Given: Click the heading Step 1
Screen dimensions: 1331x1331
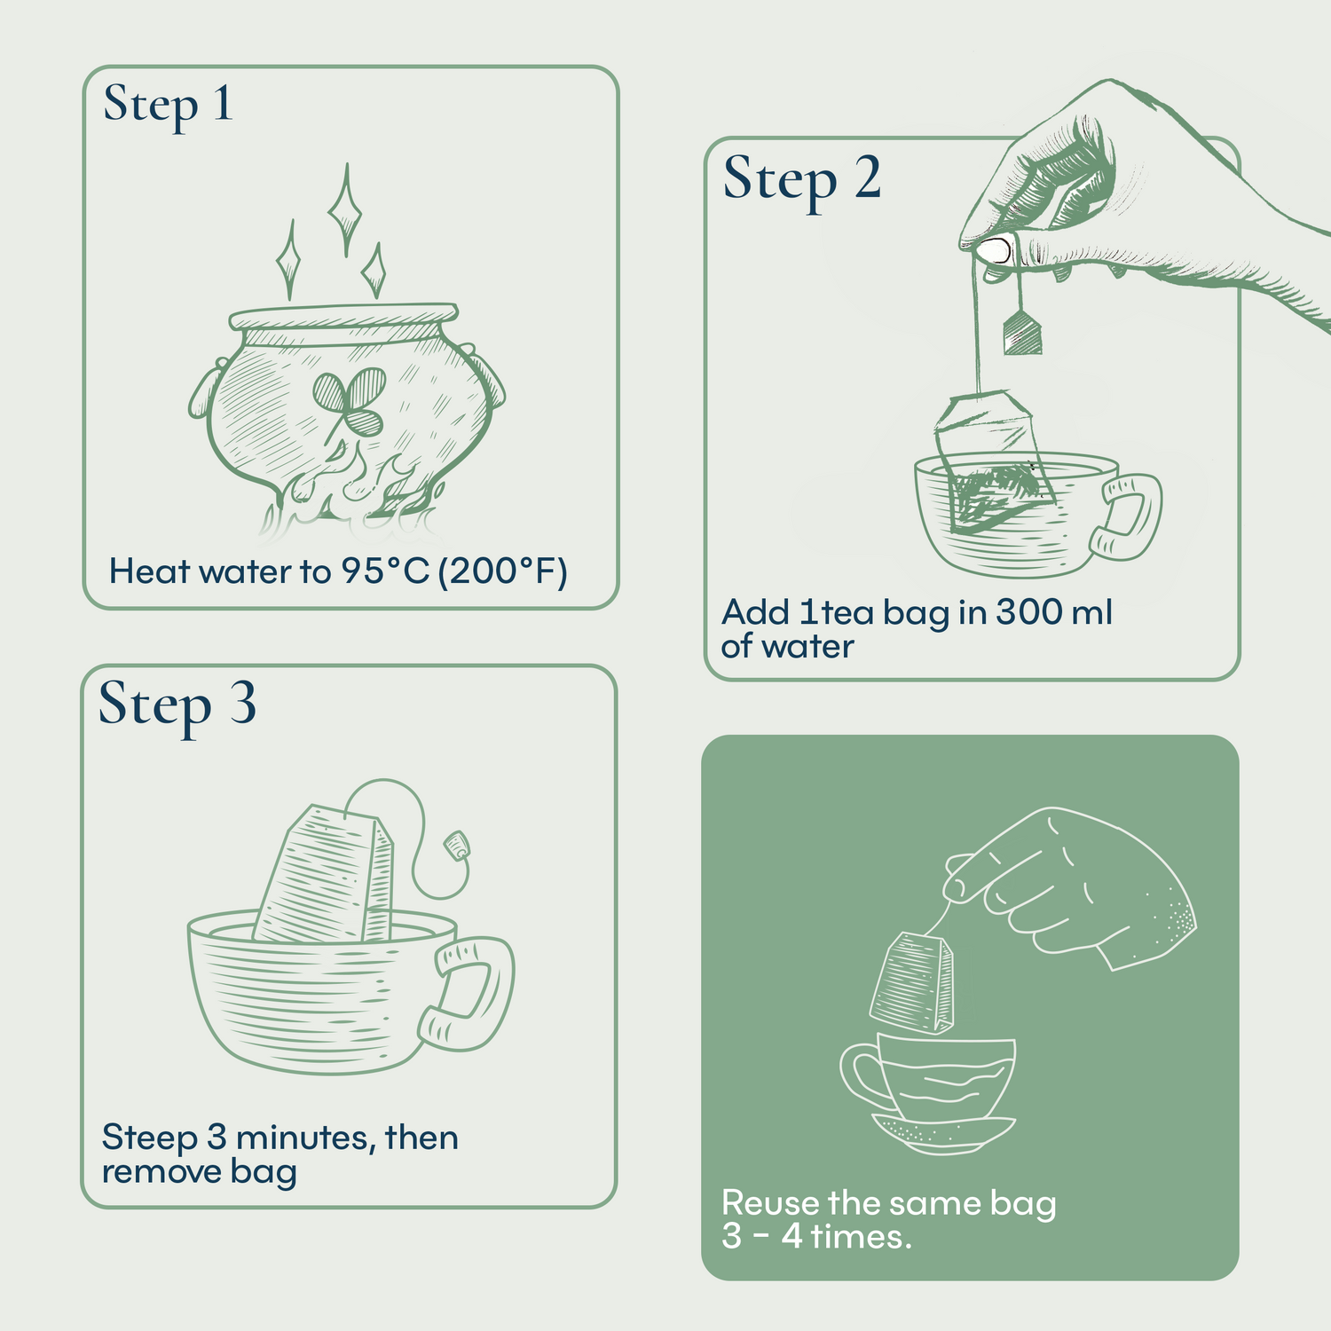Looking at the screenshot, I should (x=168, y=106).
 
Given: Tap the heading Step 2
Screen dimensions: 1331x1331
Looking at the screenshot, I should (x=801, y=179).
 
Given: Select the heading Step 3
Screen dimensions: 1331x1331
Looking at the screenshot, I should (x=177, y=705).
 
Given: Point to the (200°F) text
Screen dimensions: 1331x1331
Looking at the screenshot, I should (x=502, y=571).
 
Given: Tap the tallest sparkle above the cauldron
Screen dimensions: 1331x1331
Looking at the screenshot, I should (x=345, y=209).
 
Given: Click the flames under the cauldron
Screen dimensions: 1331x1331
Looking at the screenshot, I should (x=355, y=497).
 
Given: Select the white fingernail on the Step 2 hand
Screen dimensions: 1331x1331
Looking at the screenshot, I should (x=995, y=250).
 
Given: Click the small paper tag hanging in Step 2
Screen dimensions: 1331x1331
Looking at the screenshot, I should (x=1021, y=334).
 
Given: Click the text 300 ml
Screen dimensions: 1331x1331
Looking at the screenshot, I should (x=1053, y=612).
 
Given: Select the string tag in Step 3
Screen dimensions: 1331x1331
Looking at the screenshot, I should (x=457, y=844).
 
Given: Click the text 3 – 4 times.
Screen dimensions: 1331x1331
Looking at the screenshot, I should (x=816, y=1236).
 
